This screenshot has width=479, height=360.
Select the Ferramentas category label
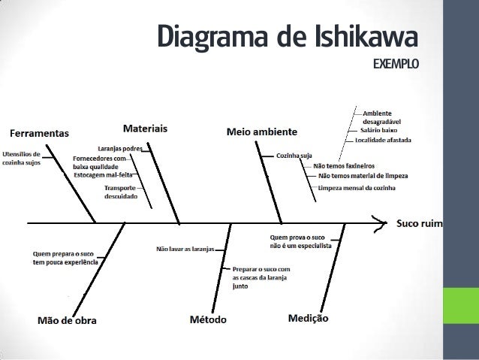pyautogui.click(x=38, y=133)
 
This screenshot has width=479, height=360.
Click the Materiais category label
pyautogui.click(x=145, y=129)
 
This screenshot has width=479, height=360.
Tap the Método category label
pyautogui.click(x=208, y=319)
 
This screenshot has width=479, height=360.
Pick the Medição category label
pyautogui.click(x=309, y=319)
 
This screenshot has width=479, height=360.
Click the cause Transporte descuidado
pyautogui.click(x=120, y=191)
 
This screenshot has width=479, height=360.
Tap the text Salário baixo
pyautogui.click(x=378, y=131)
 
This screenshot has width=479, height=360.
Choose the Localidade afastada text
pyautogui.click(x=388, y=140)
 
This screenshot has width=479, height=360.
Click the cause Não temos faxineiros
pyautogui.click(x=344, y=165)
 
